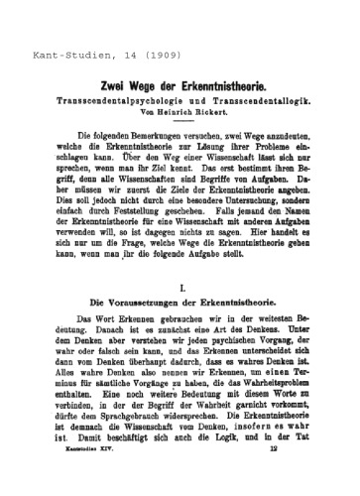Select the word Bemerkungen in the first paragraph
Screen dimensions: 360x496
pyautogui.click(x=143, y=135)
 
